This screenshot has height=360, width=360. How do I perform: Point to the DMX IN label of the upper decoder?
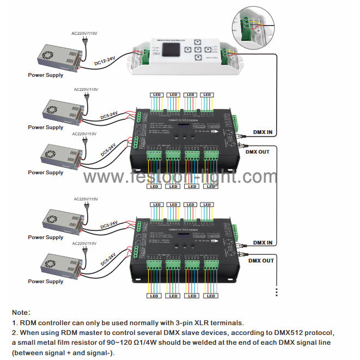click(263, 131)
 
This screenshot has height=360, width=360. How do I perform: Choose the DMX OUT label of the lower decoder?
click(261, 260)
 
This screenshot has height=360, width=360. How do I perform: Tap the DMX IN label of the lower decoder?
click(263, 242)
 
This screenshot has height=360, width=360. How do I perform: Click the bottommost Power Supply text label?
click(46, 282)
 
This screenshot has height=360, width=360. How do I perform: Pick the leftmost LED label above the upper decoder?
click(156, 95)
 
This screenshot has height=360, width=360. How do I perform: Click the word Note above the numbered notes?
click(21, 313)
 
